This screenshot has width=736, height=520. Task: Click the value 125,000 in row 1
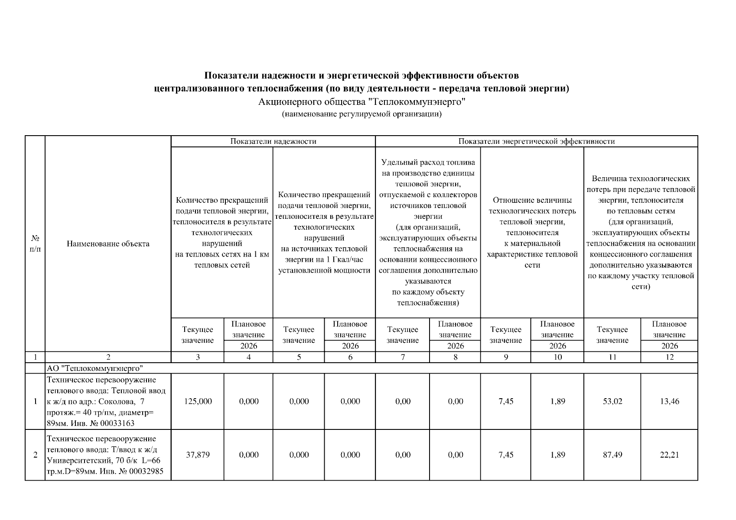(198, 401)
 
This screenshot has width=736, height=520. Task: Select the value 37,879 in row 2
(198, 455)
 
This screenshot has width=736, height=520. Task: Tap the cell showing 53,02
(612, 401)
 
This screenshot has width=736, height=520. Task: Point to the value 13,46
(669, 401)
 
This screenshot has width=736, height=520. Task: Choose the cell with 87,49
(612, 455)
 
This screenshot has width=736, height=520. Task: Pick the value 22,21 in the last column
(669, 455)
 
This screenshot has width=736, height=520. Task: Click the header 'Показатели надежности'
(273, 141)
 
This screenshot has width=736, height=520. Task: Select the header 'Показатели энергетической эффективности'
(536, 141)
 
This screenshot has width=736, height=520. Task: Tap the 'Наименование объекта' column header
(108, 244)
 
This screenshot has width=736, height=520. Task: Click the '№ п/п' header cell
(35, 244)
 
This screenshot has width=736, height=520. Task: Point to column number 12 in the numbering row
(669, 357)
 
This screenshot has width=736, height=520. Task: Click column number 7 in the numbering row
(403, 357)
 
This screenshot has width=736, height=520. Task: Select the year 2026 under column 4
(248, 346)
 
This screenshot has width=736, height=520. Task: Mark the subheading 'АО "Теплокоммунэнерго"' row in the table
(95, 368)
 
